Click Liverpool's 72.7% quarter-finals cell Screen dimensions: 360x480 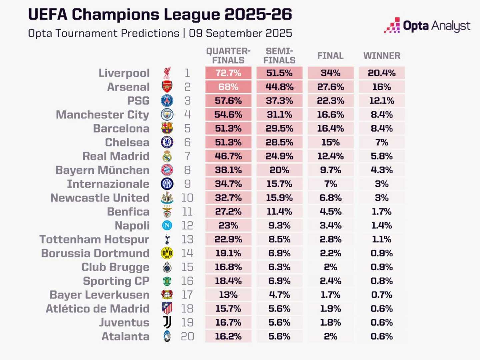[228, 73]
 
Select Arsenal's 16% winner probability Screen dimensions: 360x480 [382, 87]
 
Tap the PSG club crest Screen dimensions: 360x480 [167, 101]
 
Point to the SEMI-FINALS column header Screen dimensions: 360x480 [279, 56]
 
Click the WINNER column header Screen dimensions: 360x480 [382, 56]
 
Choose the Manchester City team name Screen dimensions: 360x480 [103, 115]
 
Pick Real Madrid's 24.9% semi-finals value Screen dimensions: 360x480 [279, 156]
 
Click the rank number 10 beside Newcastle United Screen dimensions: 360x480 [187, 198]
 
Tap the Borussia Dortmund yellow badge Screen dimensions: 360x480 [167, 253]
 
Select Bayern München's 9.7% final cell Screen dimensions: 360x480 [330, 170]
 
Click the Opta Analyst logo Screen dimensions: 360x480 [427, 26]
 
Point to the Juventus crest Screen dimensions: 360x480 [167, 323]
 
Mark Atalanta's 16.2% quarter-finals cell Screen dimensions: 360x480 [228, 336]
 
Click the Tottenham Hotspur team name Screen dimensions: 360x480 [94, 239]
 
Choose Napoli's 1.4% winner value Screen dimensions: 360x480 [382, 226]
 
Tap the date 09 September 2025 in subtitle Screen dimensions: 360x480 [240, 33]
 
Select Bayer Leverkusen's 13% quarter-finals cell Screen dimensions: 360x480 [228, 295]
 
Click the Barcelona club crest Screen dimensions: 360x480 [167, 128]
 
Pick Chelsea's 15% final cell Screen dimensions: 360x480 [330, 142]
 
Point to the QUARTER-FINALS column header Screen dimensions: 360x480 [228, 56]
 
